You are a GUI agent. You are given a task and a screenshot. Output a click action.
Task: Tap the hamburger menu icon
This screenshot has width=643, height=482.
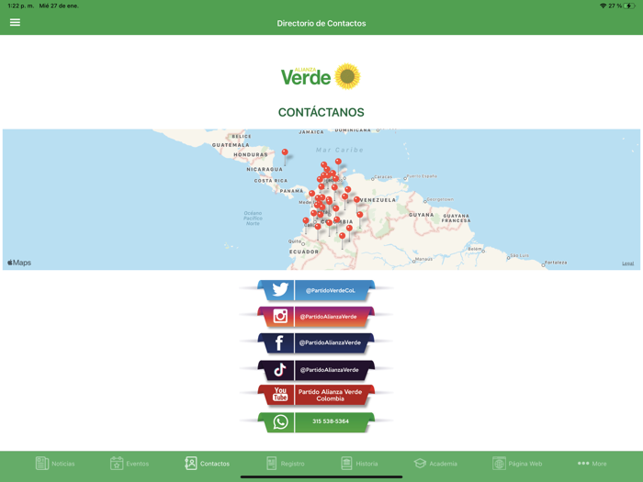click(x=15, y=22)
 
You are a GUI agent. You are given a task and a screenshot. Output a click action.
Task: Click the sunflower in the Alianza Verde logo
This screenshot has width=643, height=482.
click(x=347, y=76)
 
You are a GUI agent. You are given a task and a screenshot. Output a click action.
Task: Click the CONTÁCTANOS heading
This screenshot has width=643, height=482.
click(x=321, y=113)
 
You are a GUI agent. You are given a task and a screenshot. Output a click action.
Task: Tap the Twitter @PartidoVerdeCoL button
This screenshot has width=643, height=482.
click(x=317, y=290)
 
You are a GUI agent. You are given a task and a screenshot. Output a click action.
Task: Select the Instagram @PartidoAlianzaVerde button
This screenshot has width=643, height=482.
click(x=317, y=317)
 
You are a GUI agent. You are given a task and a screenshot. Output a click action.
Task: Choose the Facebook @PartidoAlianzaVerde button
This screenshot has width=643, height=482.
click(x=317, y=343)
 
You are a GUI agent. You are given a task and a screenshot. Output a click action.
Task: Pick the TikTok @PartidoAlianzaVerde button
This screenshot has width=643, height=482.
click(x=317, y=370)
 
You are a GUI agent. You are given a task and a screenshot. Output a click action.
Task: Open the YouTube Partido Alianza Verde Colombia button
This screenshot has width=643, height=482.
click(x=317, y=396)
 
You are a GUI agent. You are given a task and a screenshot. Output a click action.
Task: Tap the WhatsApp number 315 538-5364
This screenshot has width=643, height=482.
click(x=317, y=421)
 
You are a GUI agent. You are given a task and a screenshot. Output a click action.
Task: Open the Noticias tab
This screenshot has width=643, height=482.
click(x=55, y=464)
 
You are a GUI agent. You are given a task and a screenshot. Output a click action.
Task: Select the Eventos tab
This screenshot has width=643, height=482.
click(x=130, y=464)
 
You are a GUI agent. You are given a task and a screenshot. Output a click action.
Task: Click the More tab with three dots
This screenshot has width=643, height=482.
click(x=592, y=464)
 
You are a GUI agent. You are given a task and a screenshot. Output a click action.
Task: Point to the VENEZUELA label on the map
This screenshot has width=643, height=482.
click(x=378, y=200)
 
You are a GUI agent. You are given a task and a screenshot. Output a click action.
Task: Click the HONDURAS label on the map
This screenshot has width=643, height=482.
click(x=250, y=155)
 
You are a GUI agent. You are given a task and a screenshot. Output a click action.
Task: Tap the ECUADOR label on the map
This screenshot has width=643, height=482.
click(x=304, y=252)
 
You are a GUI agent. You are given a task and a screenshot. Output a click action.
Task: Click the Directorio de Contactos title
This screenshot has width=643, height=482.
click(x=321, y=23)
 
